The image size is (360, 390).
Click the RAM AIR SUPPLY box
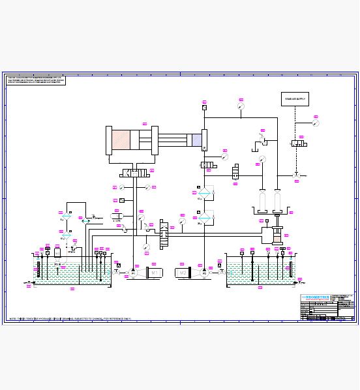pyautogui.click(x=295, y=99)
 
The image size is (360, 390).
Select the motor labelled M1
pyautogui.click(x=155, y=273)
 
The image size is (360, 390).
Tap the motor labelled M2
pyautogui.click(x=182, y=273)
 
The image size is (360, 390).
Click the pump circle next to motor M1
pyautogui.click(x=133, y=273)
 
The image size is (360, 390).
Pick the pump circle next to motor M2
pyautogui.click(x=204, y=273)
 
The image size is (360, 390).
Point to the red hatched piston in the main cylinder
pyautogui.click(x=121, y=141)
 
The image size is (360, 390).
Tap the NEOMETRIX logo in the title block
pyautogui.click(x=316, y=298)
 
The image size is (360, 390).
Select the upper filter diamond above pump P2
pyautogui.click(x=204, y=194)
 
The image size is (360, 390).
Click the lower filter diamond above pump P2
pyautogui.click(x=204, y=217)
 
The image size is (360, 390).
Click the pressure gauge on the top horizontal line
pyautogui.click(x=241, y=105)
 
